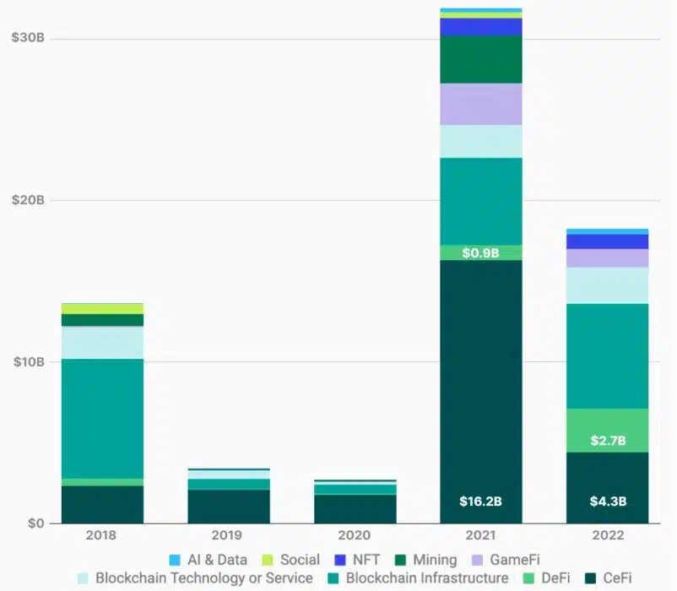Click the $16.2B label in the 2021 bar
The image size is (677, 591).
(x=480, y=502)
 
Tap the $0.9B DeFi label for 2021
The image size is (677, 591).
(x=480, y=252)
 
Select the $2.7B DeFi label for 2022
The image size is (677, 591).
(x=607, y=440)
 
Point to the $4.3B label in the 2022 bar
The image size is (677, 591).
(x=607, y=502)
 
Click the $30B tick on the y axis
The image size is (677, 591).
(x=28, y=39)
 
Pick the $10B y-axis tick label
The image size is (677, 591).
(x=28, y=362)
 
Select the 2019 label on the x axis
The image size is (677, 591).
(x=228, y=535)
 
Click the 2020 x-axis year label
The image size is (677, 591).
(x=354, y=535)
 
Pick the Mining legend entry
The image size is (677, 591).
(x=426, y=559)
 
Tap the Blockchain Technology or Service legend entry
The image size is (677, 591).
(x=195, y=578)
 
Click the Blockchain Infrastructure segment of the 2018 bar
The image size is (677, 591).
(x=101, y=419)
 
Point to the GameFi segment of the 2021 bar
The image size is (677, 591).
(x=480, y=104)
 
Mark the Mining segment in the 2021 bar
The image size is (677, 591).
(x=480, y=59)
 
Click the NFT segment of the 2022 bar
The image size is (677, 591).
(x=607, y=241)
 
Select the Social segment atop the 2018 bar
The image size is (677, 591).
(x=101, y=308)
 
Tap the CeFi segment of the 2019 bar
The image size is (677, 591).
(x=228, y=507)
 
